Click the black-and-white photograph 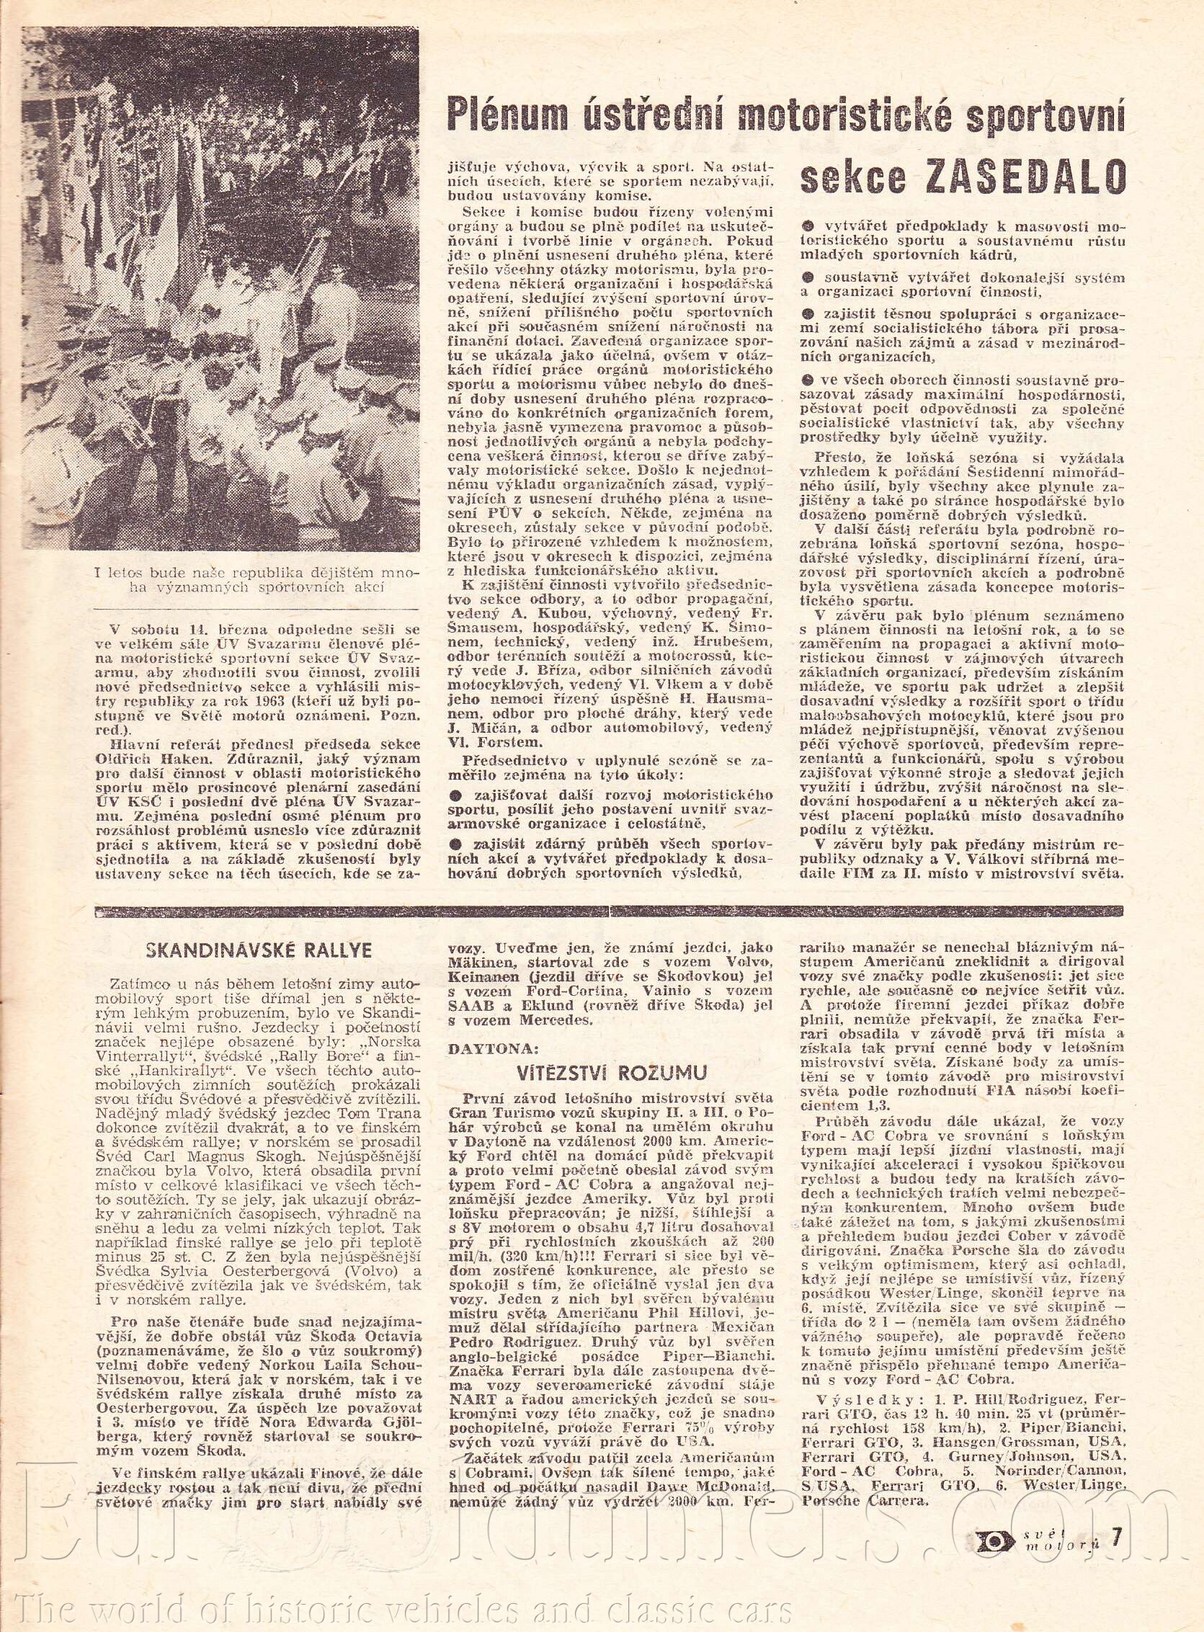[x=220, y=288]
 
